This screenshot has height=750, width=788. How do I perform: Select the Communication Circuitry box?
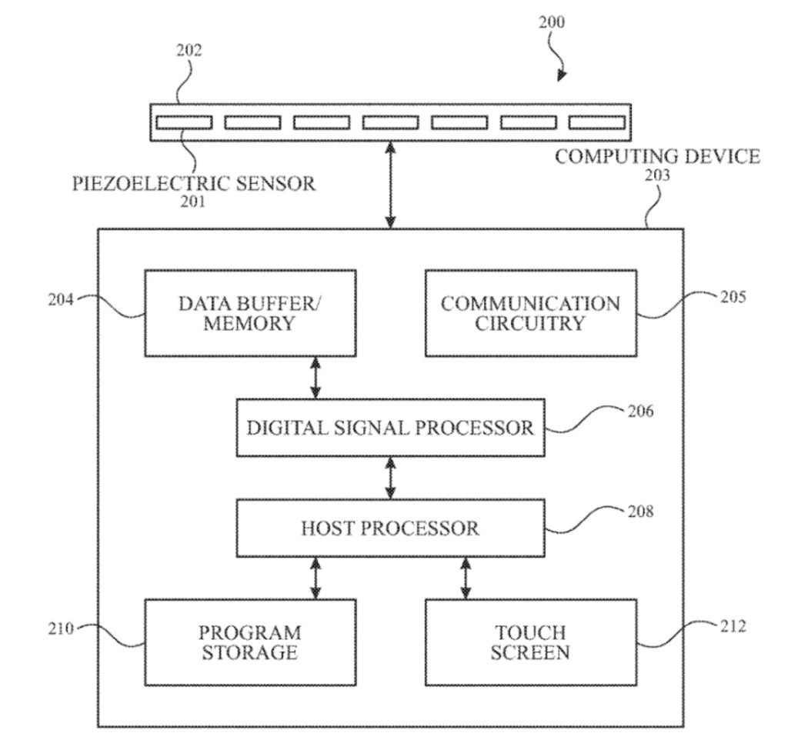[x=531, y=312]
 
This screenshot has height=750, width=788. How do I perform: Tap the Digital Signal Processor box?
[x=390, y=428]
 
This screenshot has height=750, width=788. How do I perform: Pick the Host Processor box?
[x=390, y=528]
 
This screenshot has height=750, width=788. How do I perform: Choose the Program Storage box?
[x=250, y=642]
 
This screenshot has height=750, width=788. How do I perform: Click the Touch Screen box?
[x=531, y=642]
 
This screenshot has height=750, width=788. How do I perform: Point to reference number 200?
[x=550, y=22]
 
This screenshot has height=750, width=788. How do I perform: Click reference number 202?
[x=189, y=52]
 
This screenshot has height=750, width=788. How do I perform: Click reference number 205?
[x=733, y=297]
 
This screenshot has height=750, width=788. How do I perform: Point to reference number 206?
[x=640, y=411]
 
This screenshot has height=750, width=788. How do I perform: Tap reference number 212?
[x=733, y=627]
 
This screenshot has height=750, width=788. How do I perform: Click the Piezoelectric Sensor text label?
[x=194, y=184]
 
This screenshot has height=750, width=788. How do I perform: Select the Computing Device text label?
[x=657, y=157]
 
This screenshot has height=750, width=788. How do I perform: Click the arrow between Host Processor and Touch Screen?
[x=466, y=578]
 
